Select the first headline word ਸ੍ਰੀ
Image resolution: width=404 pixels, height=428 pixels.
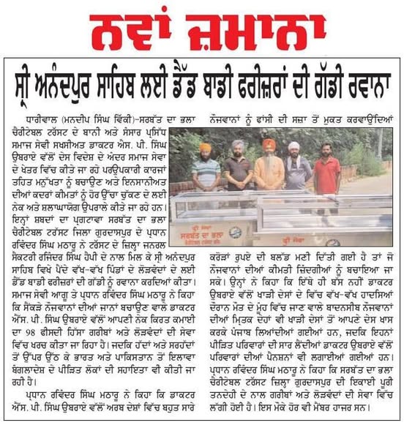tap(31, 78)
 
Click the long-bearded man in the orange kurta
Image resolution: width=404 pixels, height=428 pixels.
tap(268, 168)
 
